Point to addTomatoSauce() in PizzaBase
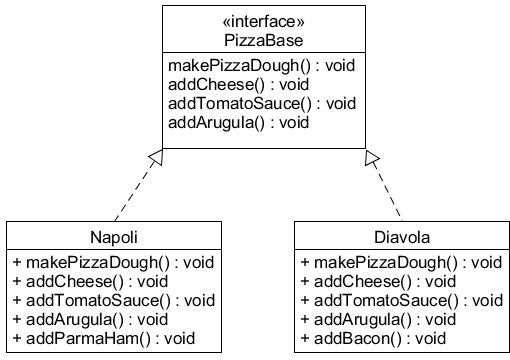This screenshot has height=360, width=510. [x=258, y=104]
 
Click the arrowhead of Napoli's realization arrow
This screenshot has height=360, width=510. [x=155, y=156]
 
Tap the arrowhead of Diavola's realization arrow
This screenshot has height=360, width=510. [x=372, y=156]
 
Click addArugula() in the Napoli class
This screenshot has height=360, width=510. [x=91, y=319]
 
